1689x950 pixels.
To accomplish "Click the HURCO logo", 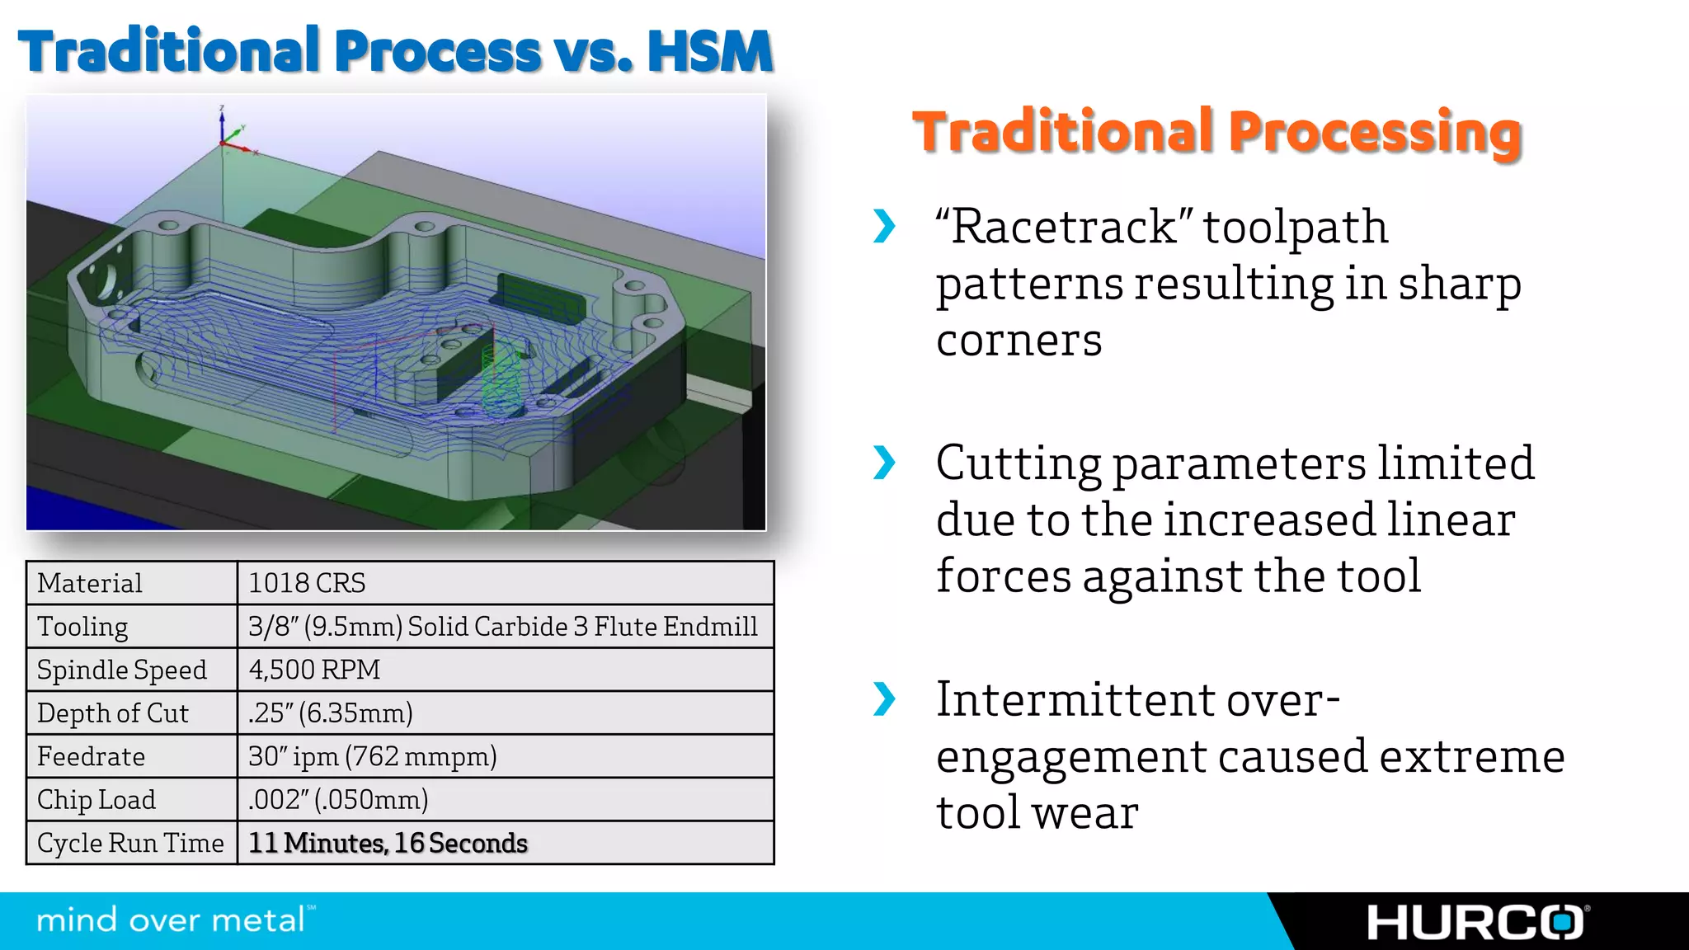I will (1476, 923).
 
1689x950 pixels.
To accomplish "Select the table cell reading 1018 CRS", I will (307, 583).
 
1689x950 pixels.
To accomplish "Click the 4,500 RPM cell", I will (314, 670).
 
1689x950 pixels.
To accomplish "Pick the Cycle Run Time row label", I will (130, 843).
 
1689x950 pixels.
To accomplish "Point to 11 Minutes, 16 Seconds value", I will (388, 843).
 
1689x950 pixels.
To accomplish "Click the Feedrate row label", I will (91, 756).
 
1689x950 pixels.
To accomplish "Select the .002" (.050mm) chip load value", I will (338, 800).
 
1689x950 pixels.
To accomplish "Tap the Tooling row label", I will (82, 627).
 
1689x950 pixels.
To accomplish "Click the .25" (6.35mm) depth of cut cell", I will (330, 713).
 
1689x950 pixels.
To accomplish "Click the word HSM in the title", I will (709, 51).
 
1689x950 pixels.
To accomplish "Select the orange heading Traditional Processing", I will (1216, 132).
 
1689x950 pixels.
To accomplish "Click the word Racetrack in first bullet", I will (1064, 227).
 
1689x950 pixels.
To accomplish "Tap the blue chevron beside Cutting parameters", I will (884, 463).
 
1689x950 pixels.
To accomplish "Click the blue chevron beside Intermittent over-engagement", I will (884, 699).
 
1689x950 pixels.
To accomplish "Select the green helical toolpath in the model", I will (501, 379).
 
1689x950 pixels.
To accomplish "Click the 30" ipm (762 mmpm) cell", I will (372, 756).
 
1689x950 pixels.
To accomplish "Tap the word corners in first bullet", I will (1019, 341).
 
